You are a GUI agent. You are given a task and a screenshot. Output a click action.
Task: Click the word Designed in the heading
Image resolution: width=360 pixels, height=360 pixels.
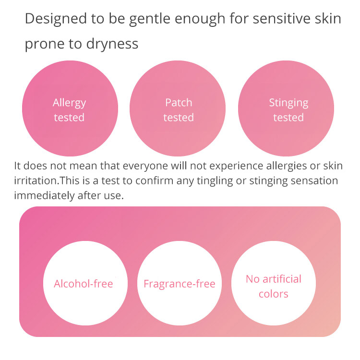tap(56, 18)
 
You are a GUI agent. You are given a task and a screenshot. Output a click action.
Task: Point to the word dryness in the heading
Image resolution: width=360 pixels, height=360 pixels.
tap(112, 44)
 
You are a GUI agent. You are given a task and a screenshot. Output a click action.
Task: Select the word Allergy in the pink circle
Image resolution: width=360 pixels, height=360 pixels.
tap(69, 103)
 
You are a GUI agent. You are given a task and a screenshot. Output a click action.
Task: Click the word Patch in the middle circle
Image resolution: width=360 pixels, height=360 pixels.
tap(179, 103)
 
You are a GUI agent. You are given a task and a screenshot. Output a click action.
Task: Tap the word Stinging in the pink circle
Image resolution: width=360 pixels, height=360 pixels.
tap(288, 103)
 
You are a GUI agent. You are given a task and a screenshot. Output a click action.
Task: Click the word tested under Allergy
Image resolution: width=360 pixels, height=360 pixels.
tap(69, 118)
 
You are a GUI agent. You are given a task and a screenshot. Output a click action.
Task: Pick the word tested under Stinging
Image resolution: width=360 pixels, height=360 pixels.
tap(288, 118)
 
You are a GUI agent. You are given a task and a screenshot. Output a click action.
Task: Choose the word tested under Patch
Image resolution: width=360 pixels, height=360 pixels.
tap(179, 118)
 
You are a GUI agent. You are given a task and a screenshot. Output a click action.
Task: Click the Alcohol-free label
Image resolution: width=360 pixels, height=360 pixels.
tap(84, 284)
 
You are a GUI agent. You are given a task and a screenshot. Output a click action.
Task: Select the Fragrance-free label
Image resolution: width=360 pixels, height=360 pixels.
tap(180, 284)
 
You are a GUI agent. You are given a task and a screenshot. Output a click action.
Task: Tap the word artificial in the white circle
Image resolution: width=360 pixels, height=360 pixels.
tap(282, 279)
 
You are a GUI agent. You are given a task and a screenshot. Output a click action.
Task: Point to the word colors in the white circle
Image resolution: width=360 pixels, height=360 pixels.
tap(274, 294)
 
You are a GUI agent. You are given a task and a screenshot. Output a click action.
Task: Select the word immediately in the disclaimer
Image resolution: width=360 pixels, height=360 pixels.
tap(44, 196)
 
